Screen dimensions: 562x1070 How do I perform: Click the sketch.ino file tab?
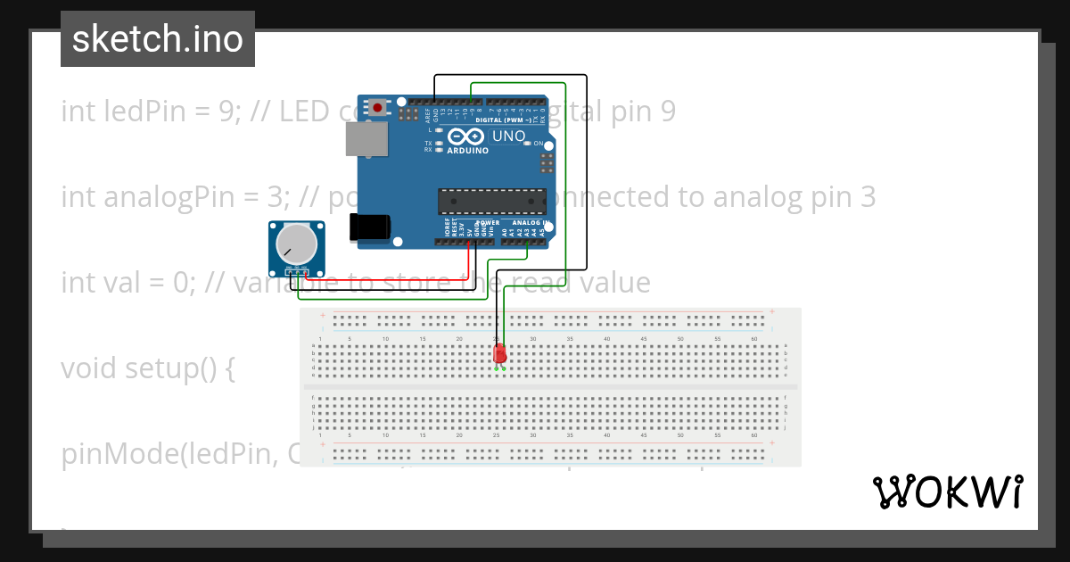click(158, 39)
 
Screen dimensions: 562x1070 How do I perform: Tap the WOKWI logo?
click(947, 492)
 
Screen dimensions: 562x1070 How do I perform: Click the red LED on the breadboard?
click(499, 354)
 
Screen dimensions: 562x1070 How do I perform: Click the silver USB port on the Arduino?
click(366, 140)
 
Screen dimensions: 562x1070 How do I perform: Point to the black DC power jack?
click(371, 227)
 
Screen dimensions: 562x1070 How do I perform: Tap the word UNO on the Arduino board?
click(508, 136)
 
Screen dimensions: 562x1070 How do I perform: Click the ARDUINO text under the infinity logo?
click(468, 151)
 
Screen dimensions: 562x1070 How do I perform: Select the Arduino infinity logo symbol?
click(465, 136)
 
